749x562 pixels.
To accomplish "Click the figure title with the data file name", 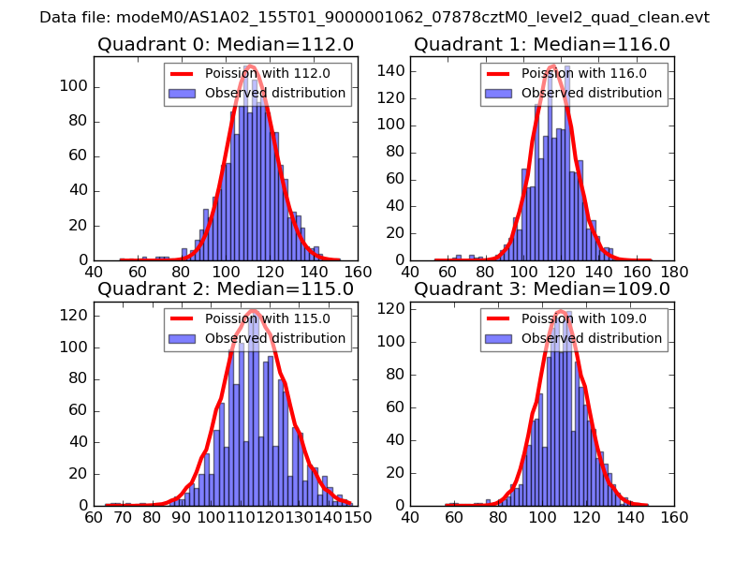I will [x=374, y=17].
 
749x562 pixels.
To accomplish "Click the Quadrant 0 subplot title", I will [x=226, y=44].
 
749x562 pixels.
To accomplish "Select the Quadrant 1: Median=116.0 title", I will [x=542, y=44].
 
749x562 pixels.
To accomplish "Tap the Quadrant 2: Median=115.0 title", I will [x=226, y=288].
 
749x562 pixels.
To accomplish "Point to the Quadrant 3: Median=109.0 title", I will [x=542, y=288].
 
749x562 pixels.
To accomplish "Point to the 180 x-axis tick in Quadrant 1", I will [x=674, y=272].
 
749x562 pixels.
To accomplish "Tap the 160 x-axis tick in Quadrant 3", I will [x=674, y=516].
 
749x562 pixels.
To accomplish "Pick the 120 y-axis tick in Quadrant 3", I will [x=393, y=308].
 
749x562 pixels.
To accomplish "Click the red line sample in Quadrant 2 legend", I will [x=184, y=318].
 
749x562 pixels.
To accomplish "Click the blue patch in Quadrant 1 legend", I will [x=500, y=93].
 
